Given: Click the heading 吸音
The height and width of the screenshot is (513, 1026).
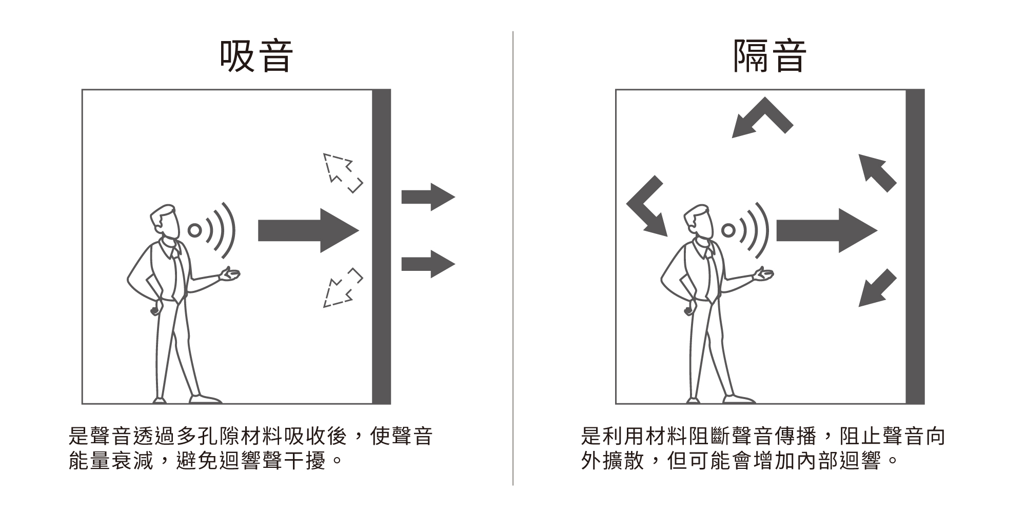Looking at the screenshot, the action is coord(256,56).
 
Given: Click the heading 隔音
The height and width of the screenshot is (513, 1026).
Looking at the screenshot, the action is coord(769,56).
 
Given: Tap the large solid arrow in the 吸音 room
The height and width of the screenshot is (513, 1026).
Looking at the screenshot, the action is coord(308,230).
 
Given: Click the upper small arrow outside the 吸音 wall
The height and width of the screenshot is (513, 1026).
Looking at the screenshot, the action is coord(428,197).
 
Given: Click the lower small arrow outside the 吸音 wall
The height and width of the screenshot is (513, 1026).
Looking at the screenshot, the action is coord(428,264).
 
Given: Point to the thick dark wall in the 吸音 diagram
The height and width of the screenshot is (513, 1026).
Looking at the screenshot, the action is coord(381,247).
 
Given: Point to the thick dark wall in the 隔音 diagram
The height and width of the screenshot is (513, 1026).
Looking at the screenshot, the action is coord(915,247).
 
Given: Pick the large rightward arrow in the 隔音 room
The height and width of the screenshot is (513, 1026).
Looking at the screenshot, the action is coord(826,230).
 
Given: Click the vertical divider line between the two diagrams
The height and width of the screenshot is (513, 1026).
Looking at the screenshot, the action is coord(513,258).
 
